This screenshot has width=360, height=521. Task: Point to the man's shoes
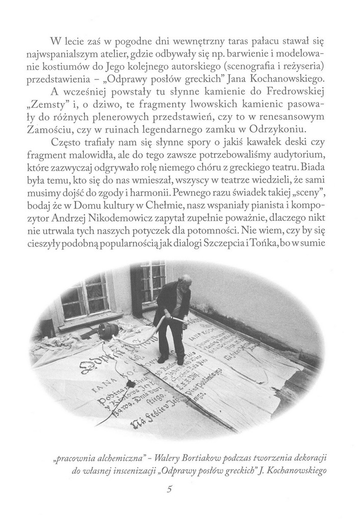click(171, 360)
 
